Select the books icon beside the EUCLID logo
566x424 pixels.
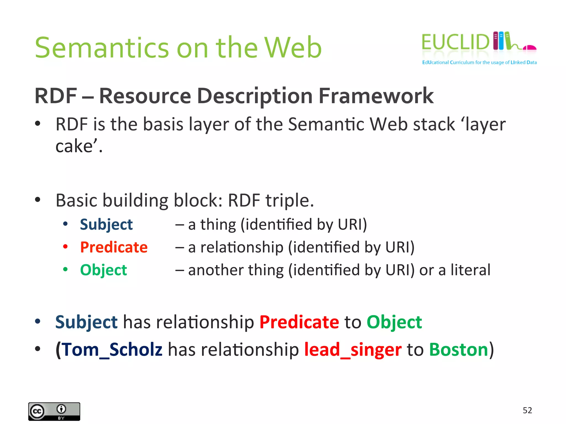501,41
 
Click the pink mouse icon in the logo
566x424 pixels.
530,48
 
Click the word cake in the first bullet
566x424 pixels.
74,146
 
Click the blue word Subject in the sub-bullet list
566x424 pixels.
106,224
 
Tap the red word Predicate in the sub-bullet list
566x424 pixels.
114,247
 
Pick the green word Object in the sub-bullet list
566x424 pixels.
103,270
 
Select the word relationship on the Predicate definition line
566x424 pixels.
242,247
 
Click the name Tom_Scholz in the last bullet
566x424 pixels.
112,350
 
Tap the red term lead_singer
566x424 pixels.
353,350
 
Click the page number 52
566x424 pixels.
527,410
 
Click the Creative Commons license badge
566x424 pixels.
54,411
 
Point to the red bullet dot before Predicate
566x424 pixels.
65,247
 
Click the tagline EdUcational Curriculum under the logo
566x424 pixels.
448,62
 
